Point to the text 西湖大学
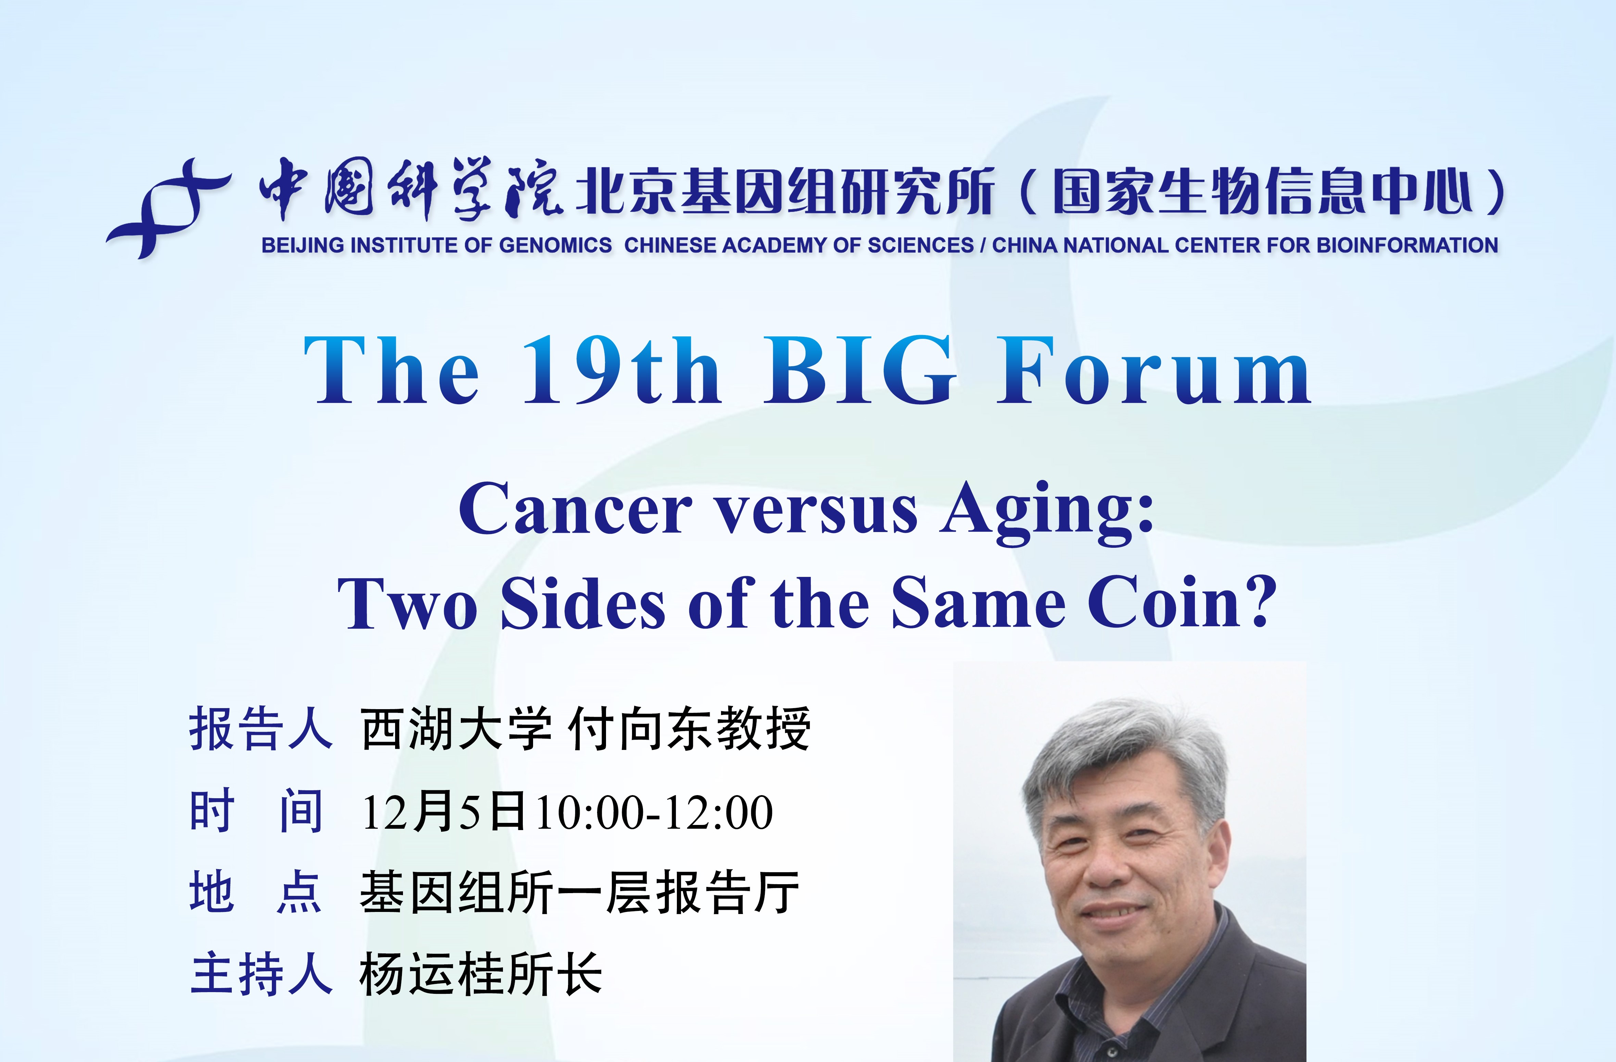(456, 728)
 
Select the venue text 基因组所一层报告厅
(579, 892)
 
